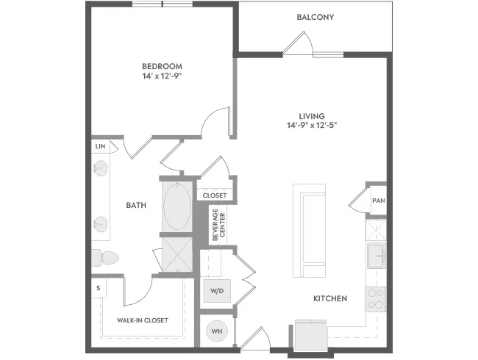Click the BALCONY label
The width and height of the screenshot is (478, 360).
[315, 17]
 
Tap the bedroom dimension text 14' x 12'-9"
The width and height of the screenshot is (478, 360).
[162, 76]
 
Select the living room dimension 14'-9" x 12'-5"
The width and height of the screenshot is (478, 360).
[312, 125]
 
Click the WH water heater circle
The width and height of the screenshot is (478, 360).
[217, 331]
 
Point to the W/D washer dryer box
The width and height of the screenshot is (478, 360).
[217, 291]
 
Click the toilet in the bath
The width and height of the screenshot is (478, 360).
[105, 258]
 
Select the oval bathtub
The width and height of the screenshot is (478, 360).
[177, 206]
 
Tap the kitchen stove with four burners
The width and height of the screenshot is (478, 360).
[376, 299]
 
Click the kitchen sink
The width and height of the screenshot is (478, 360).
[377, 255]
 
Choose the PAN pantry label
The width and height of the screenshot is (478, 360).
[379, 201]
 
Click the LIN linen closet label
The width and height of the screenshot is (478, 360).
[100, 146]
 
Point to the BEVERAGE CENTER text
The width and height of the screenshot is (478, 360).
[219, 225]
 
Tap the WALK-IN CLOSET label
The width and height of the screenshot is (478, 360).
[143, 320]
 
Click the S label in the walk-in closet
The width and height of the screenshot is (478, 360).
[98, 288]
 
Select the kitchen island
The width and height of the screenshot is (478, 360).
[309, 231]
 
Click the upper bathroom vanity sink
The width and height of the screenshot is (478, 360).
[100, 168]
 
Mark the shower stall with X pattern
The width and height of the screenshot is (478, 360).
[177, 255]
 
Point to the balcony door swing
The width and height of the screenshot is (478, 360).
[298, 43]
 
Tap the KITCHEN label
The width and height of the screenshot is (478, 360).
[330, 298]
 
